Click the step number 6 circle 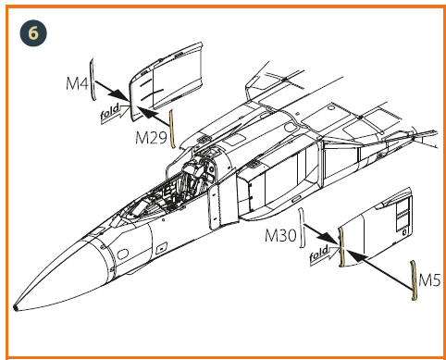pos(33,33)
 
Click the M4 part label pos(78,83)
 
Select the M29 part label pos(151,137)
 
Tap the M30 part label pos(280,236)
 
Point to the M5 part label pos(429,280)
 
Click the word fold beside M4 pos(110,111)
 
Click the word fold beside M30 pos(319,253)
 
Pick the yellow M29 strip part pos(172,129)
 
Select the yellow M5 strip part pos(413,280)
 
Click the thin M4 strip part pos(92,80)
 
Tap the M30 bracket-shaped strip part pos(302,228)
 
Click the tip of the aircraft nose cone pos(15,307)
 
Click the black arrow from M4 pos(111,91)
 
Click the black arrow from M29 pos(153,116)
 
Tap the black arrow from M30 pos(320,235)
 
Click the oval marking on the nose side pos(123,254)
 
